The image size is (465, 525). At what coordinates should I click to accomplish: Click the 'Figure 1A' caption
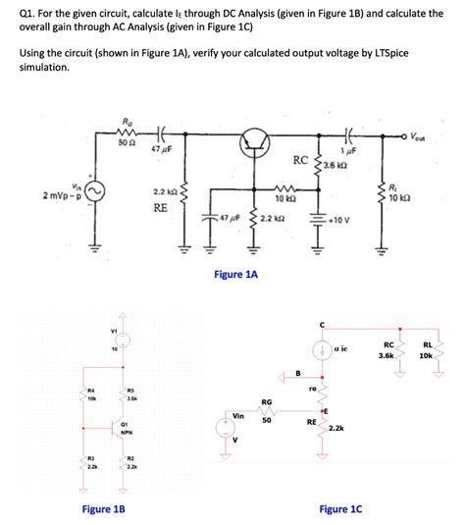(x=235, y=276)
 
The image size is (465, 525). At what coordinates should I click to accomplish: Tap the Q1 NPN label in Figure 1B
(x=126, y=429)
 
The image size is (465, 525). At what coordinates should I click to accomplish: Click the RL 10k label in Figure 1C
(x=427, y=349)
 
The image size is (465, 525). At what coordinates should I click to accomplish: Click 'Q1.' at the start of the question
(x=29, y=13)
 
